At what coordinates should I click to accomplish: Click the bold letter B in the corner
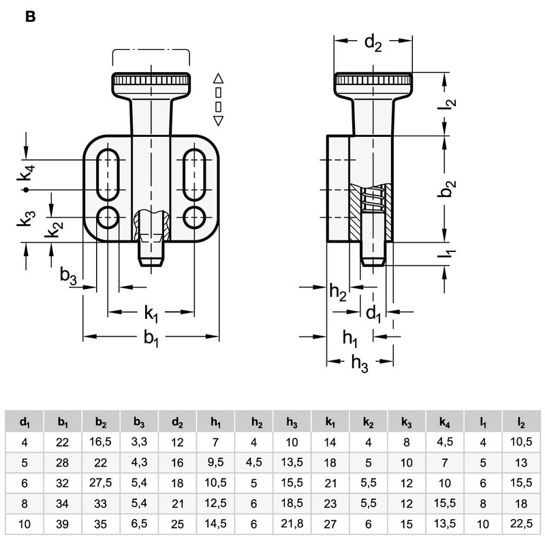30,17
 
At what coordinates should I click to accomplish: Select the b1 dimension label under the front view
151,338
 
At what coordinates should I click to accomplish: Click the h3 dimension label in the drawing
360,364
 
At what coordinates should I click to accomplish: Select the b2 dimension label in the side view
446,189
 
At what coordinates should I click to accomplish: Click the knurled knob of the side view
373,82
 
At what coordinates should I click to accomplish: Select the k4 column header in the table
445,422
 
